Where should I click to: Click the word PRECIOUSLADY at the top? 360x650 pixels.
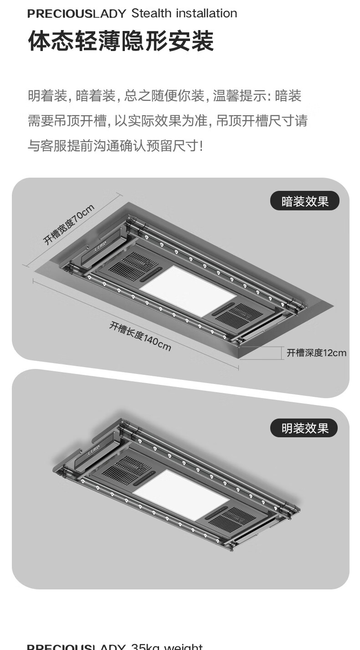coord(76,14)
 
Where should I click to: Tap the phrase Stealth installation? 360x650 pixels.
coord(184,14)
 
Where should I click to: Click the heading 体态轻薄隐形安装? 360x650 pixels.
coord(121,42)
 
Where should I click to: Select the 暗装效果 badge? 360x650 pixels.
coord(305,201)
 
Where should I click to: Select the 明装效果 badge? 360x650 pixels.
coord(304,428)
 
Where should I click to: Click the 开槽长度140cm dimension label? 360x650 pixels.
coord(140,337)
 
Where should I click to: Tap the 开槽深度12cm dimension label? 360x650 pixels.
coord(316,353)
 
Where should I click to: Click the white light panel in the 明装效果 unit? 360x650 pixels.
coord(181,494)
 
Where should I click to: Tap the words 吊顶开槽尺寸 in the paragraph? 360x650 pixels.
coord(255,121)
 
